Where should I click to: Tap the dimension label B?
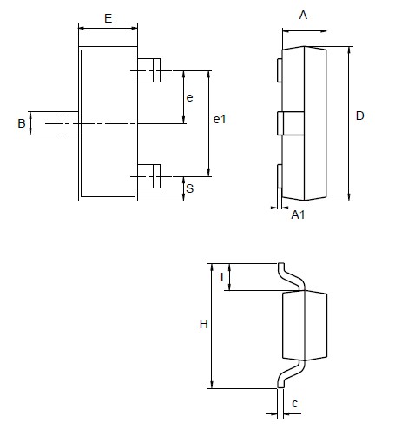(x=22, y=124)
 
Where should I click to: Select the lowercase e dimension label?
(x=190, y=97)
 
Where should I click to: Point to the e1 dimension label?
(x=220, y=120)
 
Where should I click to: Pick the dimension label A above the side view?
(x=303, y=15)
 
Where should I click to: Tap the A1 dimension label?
(x=297, y=214)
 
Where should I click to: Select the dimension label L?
(x=223, y=277)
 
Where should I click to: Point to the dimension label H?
(x=203, y=325)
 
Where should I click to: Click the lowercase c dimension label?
(x=295, y=404)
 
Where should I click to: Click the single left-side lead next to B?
(x=63, y=123)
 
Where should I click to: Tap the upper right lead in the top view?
(x=153, y=69)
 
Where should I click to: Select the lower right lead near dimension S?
(x=153, y=177)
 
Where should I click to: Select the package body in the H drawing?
(x=306, y=325)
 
